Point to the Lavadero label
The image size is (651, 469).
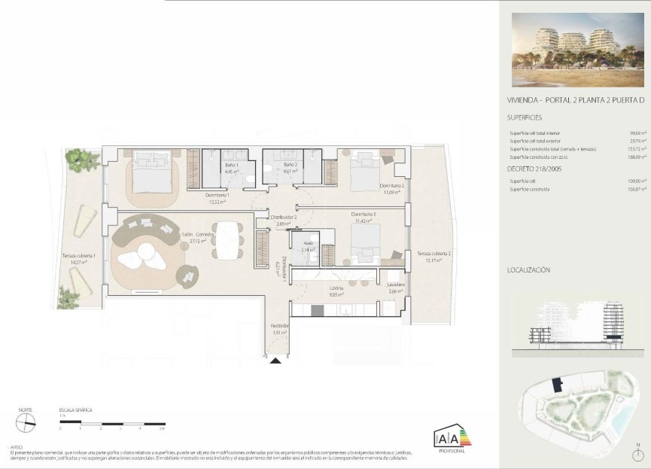click(397, 285)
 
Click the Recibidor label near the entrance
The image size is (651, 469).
click(280, 326)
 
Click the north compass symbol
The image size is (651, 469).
click(26, 423)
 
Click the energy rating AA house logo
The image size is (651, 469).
click(451, 436)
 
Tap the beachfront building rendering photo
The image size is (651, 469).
click(574, 50)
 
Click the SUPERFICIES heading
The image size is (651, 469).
click(525, 117)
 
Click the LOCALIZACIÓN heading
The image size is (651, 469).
click(529, 269)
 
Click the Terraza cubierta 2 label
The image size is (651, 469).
click(434, 254)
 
